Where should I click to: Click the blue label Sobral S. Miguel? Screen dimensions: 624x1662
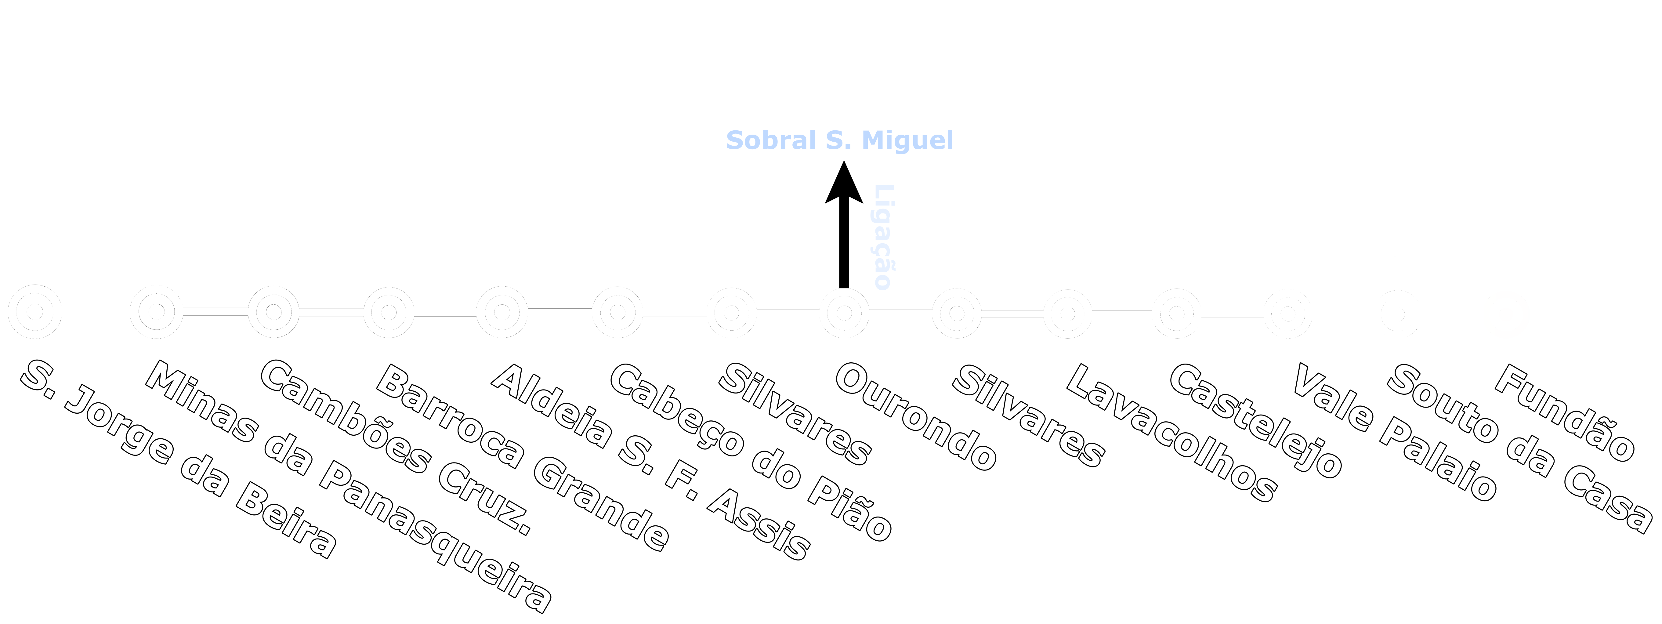pyautogui.click(x=839, y=140)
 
